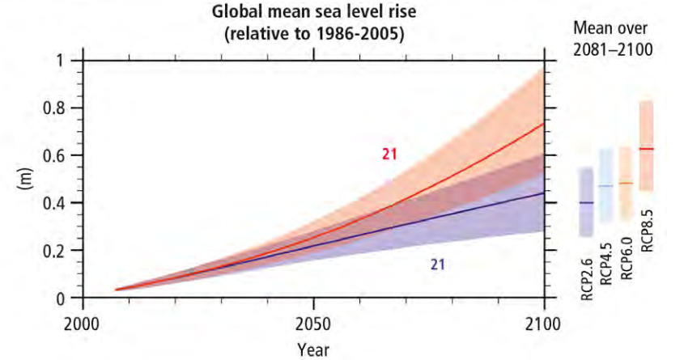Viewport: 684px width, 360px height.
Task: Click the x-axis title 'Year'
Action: tap(312, 349)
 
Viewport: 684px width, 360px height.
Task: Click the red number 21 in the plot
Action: tap(389, 155)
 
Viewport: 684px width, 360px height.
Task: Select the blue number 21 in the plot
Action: tap(438, 265)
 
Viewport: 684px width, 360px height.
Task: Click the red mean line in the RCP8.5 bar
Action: tap(646, 150)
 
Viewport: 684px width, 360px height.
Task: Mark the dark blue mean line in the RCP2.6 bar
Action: tap(585, 202)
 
